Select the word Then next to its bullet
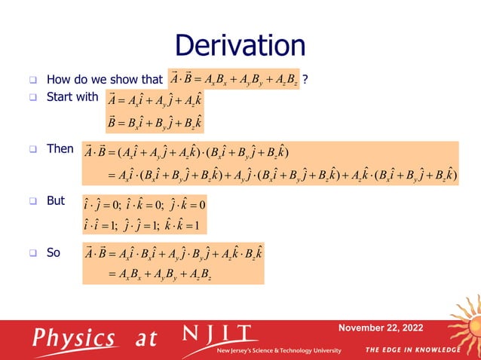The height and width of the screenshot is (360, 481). click(60, 149)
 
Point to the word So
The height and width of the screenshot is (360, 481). click(54, 253)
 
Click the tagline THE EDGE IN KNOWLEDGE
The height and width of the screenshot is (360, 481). click(412, 350)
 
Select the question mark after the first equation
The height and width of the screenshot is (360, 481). click(305, 79)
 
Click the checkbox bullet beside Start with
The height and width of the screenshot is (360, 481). click(33, 97)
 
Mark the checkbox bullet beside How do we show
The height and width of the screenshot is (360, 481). click(33, 80)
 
